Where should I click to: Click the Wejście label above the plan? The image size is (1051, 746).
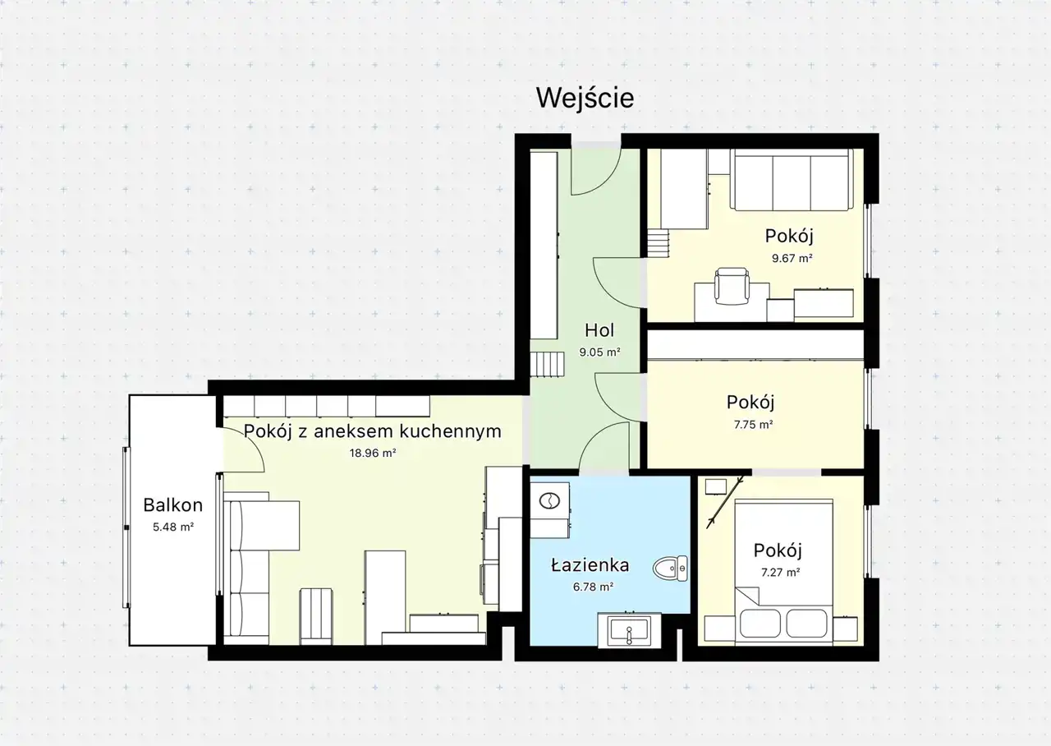coord(585,99)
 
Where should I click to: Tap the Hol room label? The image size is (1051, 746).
coord(599,330)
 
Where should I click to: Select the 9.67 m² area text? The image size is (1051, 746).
coord(792,258)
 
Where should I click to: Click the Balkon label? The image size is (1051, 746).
coord(172,505)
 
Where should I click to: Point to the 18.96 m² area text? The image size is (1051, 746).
coord(373,453)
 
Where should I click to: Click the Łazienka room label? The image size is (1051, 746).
coord(590,564)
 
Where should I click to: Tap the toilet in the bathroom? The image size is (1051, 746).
coord(670,568)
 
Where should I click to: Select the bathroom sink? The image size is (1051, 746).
coord(629,629)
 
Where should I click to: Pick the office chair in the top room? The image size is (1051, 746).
coord(731,286)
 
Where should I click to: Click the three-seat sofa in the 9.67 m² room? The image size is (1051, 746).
coord(792,180)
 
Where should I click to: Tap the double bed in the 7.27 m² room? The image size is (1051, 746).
coord(783,573)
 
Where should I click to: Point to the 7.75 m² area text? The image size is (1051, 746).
coord(754,425)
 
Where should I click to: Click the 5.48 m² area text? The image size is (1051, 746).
coord(173,527)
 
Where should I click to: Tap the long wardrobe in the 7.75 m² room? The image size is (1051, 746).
coord(755,344)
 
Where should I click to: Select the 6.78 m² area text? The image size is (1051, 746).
coord(593,587)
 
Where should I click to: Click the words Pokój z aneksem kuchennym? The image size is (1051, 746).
coord(373,431)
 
